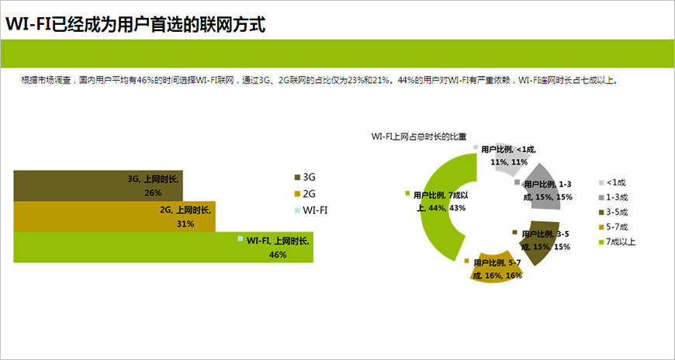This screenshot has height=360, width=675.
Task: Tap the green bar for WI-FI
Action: pos(116,247)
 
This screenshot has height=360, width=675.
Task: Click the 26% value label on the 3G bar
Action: pos(153,193)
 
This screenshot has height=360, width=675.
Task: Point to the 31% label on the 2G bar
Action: pos(185,224)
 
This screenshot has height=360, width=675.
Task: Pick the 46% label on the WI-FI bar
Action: pos(278,254)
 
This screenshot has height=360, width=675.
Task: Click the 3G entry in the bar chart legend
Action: pos(309,177)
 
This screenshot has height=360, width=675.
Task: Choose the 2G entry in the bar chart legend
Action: pos(309,193)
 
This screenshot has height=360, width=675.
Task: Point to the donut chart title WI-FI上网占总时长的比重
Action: pos(419,137)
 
